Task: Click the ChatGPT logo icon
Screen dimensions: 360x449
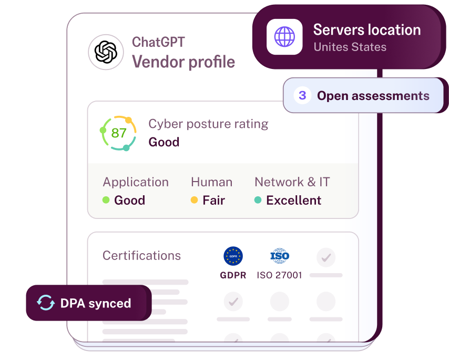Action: pos(106,52)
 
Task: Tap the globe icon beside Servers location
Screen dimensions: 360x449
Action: pos(284,37)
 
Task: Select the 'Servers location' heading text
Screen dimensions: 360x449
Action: pos(367,30)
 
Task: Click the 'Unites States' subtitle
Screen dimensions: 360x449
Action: pos(350,47)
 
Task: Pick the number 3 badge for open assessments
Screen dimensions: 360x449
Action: pos(302,96)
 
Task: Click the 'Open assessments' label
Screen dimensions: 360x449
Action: pos(373,96)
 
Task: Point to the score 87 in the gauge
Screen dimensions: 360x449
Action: pos(119,133)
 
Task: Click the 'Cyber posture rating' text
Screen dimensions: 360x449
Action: pos(208,124)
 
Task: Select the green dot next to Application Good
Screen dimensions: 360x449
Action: pos(106,200)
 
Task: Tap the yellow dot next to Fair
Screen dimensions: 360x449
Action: pos(194,200)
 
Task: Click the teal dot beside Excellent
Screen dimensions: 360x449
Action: pos(258,200)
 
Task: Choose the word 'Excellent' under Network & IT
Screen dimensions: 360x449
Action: pos(293,200)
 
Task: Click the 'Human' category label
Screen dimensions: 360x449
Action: pos(211,182)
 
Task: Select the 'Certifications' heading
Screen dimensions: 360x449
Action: pos(141,256)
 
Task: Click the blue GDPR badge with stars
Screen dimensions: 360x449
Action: pos(233,256)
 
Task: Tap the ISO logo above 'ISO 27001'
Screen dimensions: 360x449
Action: pos(280,256)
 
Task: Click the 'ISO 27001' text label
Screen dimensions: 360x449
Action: pos(279,275)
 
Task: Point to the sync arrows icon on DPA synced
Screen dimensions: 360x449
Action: pos(46,303)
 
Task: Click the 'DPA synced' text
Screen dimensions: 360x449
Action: pos(96,303)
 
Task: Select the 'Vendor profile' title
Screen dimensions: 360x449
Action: pos(183,62)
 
